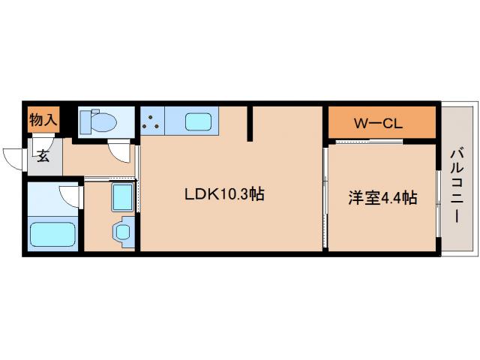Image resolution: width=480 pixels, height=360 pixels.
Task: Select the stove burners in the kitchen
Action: pyautogui.click(x=151, y=121)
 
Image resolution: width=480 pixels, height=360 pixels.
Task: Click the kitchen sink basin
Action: pyautogui.click(x=198, y=121)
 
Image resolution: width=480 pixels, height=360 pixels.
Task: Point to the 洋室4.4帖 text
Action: pyautogui.click(x=382, y=199)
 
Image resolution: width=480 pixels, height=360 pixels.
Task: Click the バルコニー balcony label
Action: pyautogui.click(x=455, y=184)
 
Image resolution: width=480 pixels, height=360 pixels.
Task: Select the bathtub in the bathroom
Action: pyautogui.click(x=53, y=233)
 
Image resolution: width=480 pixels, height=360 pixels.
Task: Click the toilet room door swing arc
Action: pyautogui.click(x=118, y=150)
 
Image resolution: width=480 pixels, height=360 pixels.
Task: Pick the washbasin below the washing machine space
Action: pyautogui.click(x=121, y=231)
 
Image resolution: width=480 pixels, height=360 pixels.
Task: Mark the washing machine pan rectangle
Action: pyautogui.click(x=122, y=197)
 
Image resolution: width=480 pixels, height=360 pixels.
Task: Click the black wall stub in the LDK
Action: pyautogui.click(x=251, y=123)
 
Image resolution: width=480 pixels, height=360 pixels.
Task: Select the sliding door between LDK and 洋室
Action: pyautogui.click(x=325, y=199)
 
